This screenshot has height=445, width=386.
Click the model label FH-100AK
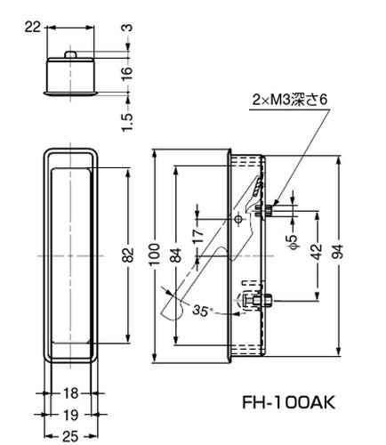click(x=289, y=402)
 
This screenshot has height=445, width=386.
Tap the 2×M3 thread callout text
click(x=290, y=100)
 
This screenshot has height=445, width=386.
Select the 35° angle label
click(x=203, y=311)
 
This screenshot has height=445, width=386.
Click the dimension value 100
click(x=154, y=255)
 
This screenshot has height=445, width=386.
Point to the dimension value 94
click(x=337, y=252)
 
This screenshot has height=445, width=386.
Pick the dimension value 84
click(x=176, y=255)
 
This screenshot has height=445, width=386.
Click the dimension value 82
click(x=128, y=255)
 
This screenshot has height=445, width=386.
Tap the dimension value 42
click(x=317, y=252)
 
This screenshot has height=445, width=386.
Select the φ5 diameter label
click(x=293, y=242)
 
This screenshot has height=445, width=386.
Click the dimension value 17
click(x=198, y=236)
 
